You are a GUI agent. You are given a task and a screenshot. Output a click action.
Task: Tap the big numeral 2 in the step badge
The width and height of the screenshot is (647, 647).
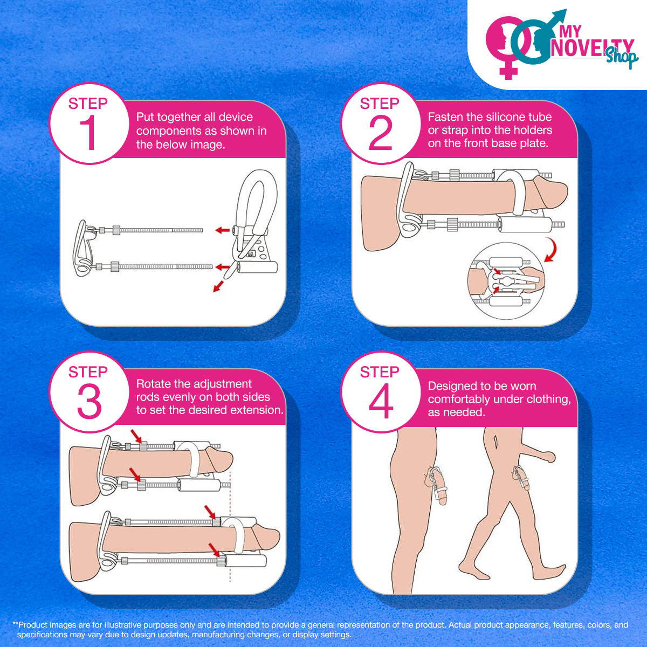(x=381, y=133)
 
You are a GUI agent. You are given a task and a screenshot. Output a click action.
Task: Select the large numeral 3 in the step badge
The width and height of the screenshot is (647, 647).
(x=90, y=402)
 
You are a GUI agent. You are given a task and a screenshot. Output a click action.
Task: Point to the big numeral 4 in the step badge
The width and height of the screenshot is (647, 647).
(x=381, y=402)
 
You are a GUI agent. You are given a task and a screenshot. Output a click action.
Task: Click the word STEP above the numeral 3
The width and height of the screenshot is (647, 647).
(x=88, y=372)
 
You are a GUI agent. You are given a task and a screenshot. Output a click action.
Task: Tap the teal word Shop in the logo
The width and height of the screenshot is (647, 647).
(x=622, y=57)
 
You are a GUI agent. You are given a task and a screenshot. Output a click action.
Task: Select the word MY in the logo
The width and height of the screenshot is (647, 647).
(x=570, y=32)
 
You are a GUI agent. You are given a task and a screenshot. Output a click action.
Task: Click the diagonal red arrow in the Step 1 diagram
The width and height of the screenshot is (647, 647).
(x=218, y=286)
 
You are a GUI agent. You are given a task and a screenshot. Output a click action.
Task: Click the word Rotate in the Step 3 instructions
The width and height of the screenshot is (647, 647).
(x=154, y=384)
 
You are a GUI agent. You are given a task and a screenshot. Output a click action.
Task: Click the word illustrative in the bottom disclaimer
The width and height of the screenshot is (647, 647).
(x=122, y=625)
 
